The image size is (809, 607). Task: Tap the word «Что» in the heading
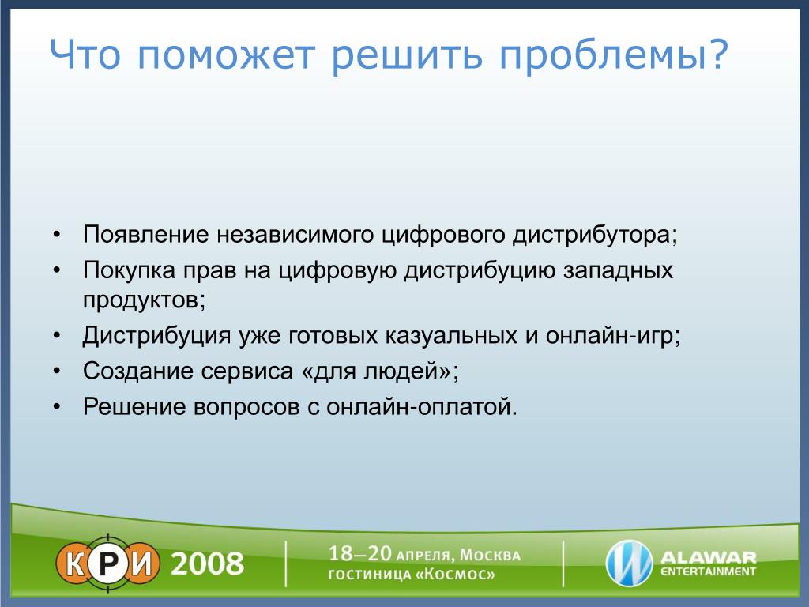coord(85,55)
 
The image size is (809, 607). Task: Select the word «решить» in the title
coord(407,55)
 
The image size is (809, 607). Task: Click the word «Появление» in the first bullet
coord(146,234)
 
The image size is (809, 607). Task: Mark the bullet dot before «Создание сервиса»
coord(57,371)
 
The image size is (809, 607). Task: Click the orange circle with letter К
coord(75,563)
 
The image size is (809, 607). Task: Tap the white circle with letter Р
coord(107,563)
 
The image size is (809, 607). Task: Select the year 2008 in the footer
coord(207,564)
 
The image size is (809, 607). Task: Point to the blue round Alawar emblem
coord(629,563)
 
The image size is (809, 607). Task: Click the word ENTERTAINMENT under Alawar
coord(708,572)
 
